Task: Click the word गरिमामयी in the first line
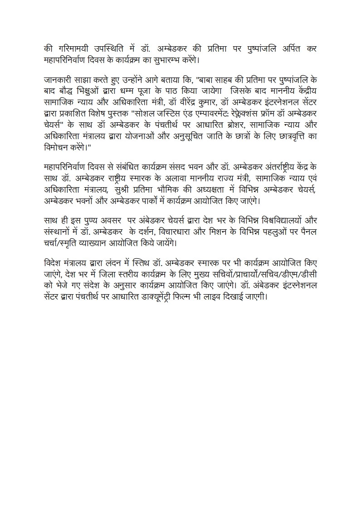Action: pos(75,48)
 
